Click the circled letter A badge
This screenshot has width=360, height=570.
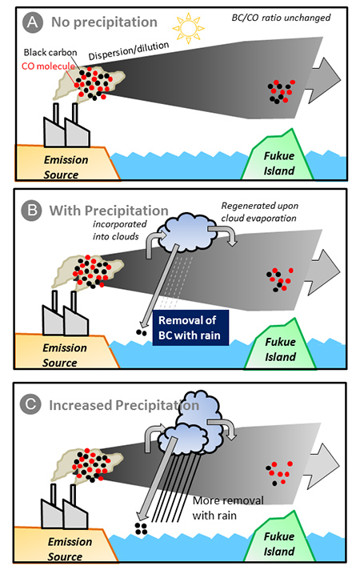(x=33, y=22)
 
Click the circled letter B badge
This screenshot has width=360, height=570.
(x=32, y=211)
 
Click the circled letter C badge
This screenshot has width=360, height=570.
(x=30, y=404)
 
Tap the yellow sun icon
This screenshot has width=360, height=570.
(x=188, y=28)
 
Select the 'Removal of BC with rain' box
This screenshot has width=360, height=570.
(x=190, y=327)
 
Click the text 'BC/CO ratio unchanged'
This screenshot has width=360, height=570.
(x=281, y=18)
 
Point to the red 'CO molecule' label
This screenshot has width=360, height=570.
(x=48, y=66)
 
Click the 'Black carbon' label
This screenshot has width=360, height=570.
(x=50, y=52)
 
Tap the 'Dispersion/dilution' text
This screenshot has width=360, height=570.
(x=129, y=50)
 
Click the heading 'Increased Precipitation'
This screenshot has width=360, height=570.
(x=124, y=405)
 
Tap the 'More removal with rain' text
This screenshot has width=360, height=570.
(x=228, y=508)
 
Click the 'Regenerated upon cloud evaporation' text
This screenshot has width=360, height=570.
(x=259, y=212)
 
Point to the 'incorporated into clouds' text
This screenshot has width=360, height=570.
(x=119, y=230)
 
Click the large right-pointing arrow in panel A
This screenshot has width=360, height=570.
(x=323, y=80)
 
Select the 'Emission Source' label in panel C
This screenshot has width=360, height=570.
(x=67, y=549)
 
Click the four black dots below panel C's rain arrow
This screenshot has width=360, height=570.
(x=141, y=528)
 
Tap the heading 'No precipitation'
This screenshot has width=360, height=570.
(x=104, y=22)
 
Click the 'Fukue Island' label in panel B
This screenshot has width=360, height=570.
(x=280, y=349)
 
